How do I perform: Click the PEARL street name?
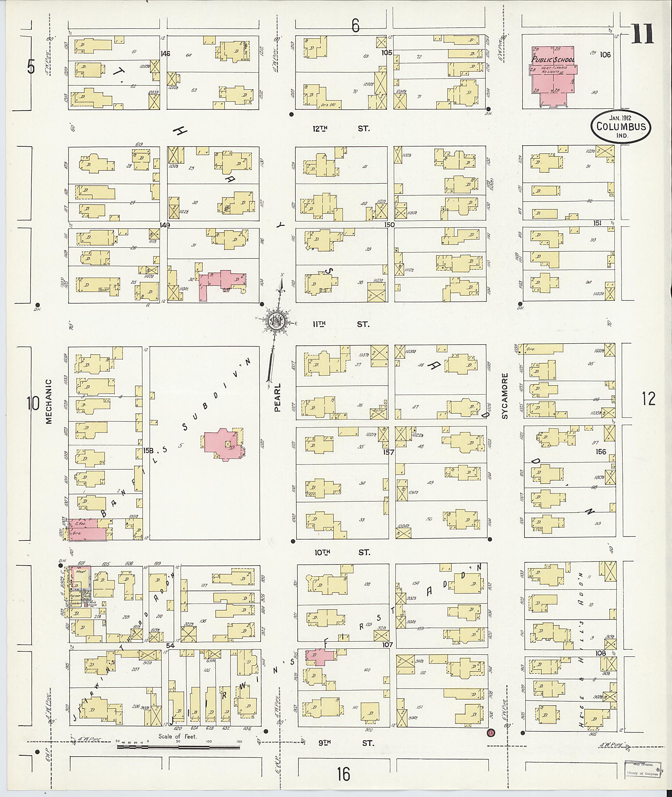tap(277, 397)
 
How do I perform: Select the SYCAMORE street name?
tap(505, 396)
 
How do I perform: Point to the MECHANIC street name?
tap(48, 401)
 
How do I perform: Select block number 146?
tap(165, 54)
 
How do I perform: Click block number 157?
tap(388, 452)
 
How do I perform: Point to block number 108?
tap(601, 653)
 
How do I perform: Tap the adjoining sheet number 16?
tap(343, 774)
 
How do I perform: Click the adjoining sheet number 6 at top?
tap(355, 26)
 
